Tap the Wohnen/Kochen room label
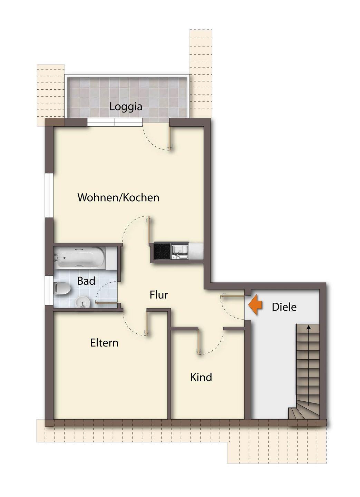coord(118,197)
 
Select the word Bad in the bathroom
coord(86,281)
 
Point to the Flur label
coord(159,295)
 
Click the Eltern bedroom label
coord(104,343)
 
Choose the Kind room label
coord(201,377)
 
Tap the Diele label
coord(284,307)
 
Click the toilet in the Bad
coord(62,289)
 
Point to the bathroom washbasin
coord(82,302)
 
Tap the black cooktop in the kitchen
coord(162,251)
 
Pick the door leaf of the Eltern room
coord(147,324)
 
